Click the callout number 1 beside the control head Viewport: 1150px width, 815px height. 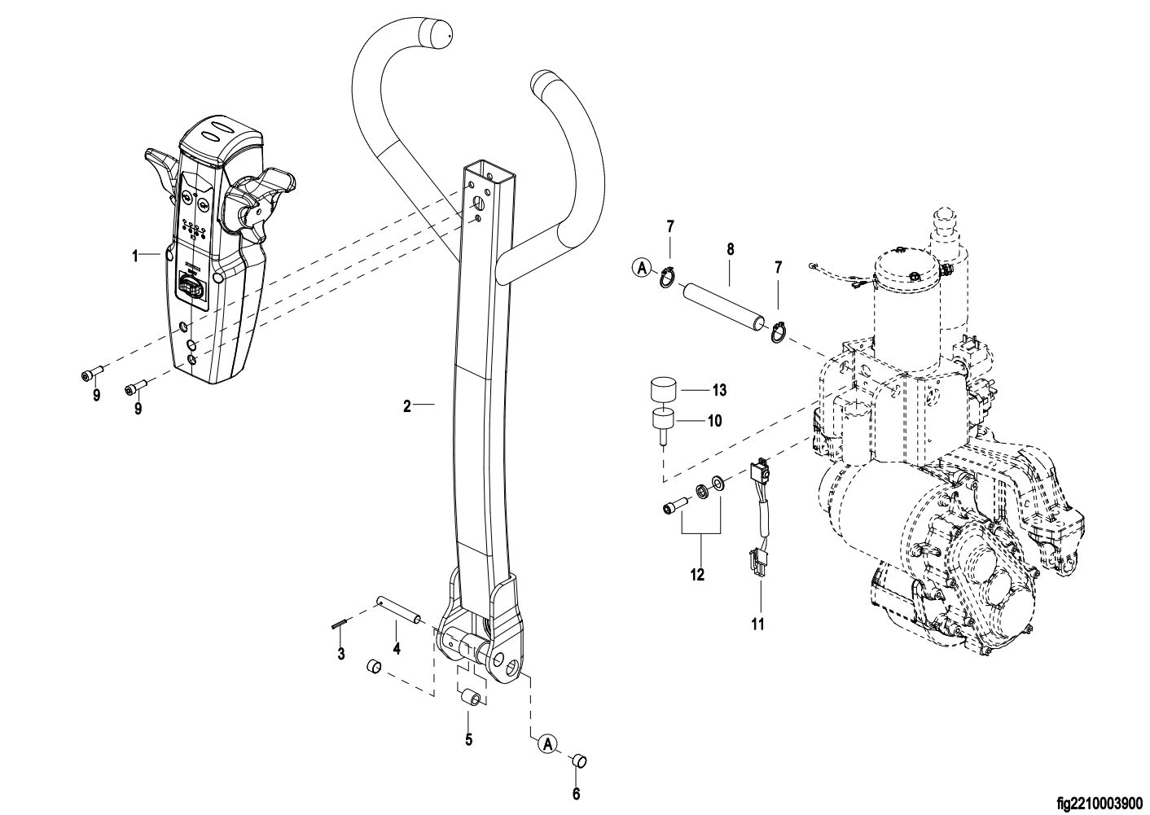[135, 256]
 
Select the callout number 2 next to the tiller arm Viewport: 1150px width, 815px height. [407, 404]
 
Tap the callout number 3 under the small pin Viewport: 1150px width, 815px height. [341, 654]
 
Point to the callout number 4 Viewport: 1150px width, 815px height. [397, 649]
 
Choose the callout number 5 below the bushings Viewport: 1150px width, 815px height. [468, 740]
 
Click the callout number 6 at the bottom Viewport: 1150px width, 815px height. [576, 794]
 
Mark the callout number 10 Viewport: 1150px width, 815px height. [714, 421]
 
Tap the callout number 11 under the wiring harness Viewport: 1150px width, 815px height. [758, 625]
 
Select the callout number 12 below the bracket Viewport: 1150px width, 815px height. [697, 575]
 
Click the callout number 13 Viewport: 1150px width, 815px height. [718, 390]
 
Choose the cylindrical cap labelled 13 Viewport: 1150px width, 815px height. [664, 389]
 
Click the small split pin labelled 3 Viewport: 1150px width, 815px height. [340, 624]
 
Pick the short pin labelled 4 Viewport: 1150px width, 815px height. [398, 611]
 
